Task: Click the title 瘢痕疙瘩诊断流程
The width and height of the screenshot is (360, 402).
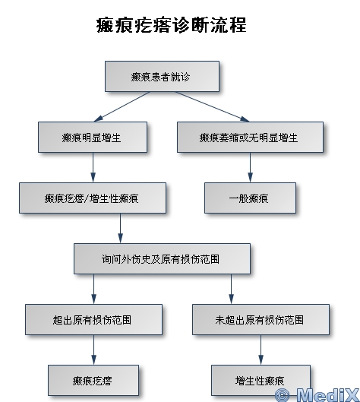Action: pos(171,25)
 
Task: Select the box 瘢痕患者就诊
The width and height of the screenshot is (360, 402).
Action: pos(163,77)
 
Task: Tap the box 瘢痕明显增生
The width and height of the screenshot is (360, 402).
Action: pos(93,137)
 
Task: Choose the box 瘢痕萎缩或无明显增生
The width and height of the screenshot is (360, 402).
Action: pos(250,137)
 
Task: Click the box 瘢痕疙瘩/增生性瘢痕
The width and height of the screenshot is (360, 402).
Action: pos(93,198)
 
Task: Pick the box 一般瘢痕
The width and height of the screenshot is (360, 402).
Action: pos(250,198)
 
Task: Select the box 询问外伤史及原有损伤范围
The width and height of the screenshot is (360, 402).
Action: pos(163,258)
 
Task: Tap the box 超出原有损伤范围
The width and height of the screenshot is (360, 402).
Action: pos(93,319)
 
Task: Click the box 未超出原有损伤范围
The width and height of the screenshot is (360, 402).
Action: pos(261,319)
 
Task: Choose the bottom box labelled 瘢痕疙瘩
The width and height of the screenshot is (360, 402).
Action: pos(93,380)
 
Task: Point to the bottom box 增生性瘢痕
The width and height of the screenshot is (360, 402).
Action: pos(261,380)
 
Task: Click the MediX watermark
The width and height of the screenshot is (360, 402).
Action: pos(317,394)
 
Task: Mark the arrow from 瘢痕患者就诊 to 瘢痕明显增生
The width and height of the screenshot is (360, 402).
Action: pos(122,106)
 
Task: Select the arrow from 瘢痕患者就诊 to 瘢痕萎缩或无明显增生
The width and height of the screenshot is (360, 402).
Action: pos(212,106)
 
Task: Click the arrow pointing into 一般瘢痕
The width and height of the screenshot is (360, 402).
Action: pos(250,167)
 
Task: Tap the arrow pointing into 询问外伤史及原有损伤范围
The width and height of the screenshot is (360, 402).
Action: pos(120,228)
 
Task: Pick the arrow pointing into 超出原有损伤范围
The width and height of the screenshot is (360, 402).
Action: pos(93,289)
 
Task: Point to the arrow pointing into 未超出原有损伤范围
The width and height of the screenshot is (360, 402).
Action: pos(231,289)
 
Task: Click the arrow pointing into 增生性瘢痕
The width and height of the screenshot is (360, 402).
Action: pos(261,350)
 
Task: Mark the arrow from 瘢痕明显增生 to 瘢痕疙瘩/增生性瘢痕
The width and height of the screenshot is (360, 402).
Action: pos(93,167)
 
